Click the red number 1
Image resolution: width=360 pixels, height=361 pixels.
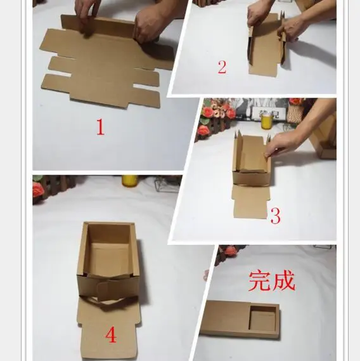(x=100, y=127)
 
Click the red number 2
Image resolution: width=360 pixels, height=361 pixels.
(x=222, y=67)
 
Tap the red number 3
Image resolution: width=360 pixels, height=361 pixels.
(x=275, y=217)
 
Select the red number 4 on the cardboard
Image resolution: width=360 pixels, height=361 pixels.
(x=111, y=335)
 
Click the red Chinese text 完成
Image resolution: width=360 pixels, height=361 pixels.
(x=272, y=280)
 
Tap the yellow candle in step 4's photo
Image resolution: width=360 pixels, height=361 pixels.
(x=129, y=181)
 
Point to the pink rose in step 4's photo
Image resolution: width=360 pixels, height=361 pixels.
(x=39, y=189)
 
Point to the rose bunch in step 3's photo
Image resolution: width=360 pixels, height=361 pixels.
(x=215, y=114)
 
